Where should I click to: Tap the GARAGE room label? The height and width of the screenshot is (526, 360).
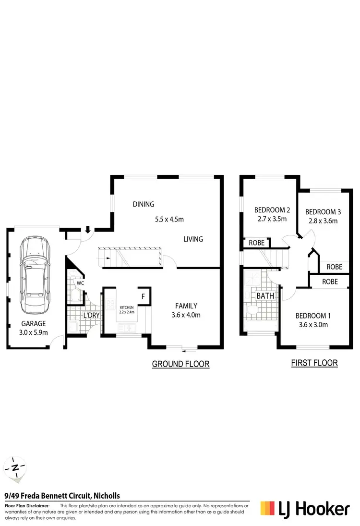click(33, 324)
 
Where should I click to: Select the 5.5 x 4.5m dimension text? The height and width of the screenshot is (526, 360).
click(169, 220)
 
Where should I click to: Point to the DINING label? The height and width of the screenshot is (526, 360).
click(144, 204)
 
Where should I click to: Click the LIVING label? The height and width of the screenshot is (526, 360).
click(193, 239)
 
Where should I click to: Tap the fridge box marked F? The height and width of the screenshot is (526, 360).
click(143, 296)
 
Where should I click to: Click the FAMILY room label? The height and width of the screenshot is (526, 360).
click(186, 306)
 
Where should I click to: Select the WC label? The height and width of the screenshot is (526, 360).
click(80, 283)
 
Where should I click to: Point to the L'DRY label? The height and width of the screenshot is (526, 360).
click(91, 316)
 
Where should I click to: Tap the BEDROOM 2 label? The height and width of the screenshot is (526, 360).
click(272, 210)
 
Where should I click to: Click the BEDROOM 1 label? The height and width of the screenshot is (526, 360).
click(312, 316)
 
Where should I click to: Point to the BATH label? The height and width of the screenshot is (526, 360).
click(265, 296)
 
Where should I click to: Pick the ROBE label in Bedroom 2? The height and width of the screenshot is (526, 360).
click(257, 243)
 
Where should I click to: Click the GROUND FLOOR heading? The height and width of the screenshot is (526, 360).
click(180, 364)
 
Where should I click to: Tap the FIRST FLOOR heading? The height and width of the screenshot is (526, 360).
click(314, 363)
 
